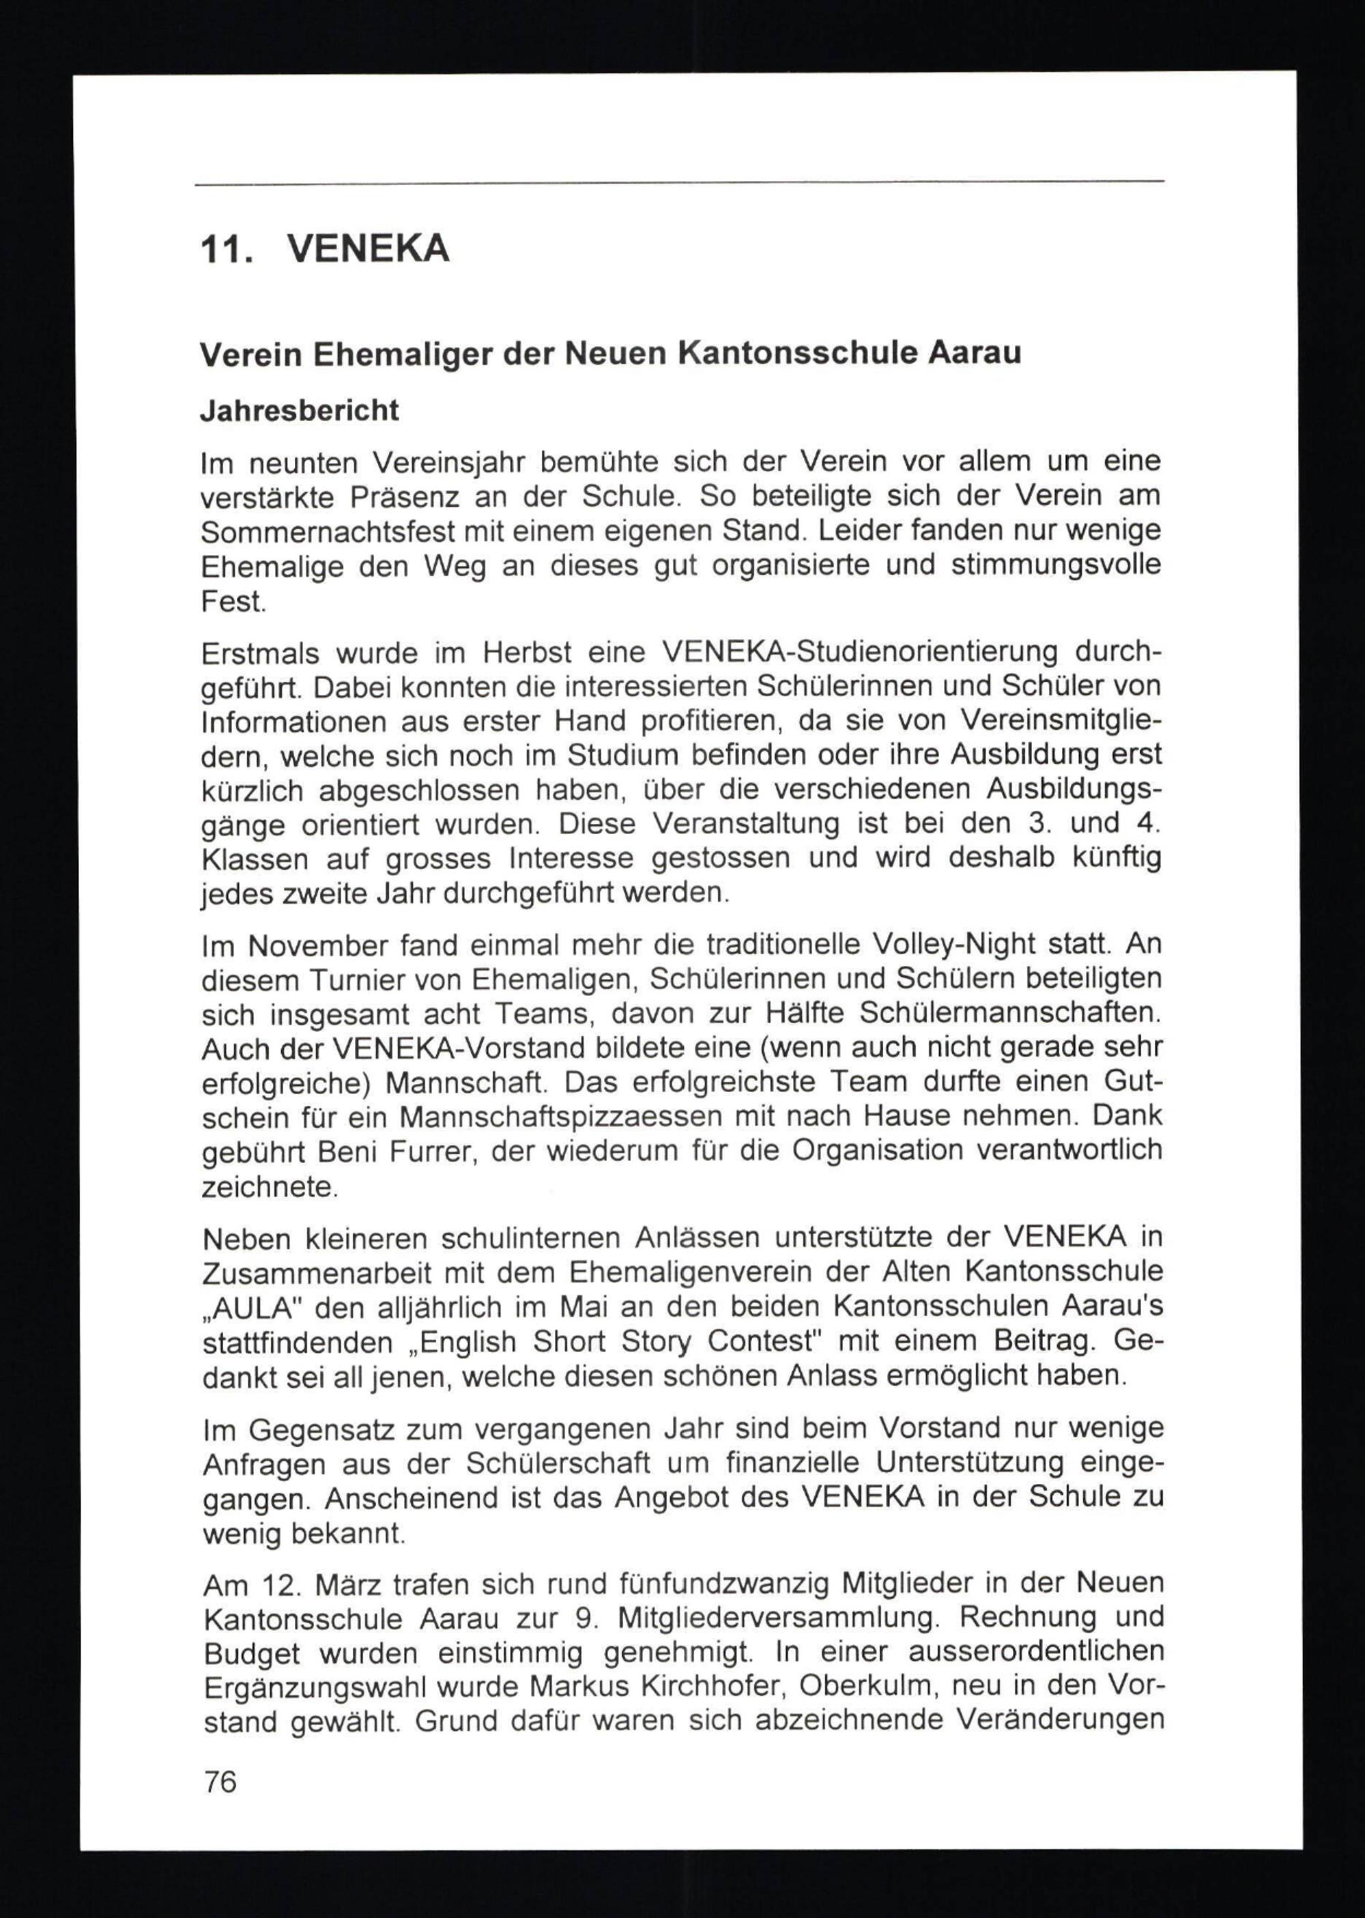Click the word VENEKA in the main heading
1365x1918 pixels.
[368, 250]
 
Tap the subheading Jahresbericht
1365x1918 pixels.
[299, 411]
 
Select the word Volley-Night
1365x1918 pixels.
[953, 945]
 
